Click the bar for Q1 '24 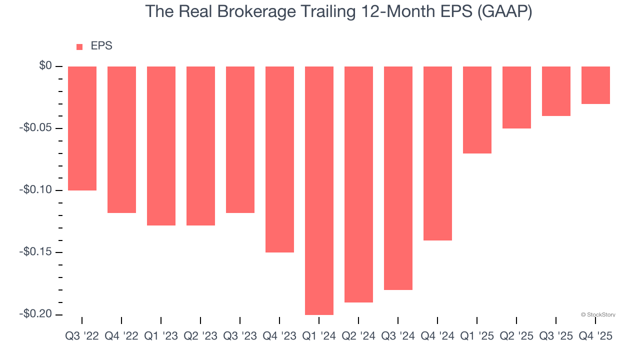319,190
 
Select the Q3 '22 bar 82,128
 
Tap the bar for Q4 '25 595,85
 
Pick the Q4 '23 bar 279,159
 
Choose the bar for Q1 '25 477,110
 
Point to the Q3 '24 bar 398,178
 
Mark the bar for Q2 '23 200,146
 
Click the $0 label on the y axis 45,66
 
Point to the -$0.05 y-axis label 35,128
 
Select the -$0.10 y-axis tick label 35,190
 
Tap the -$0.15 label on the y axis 35,252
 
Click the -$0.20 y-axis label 35,314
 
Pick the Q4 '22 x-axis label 121,336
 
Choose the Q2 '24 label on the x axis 358,336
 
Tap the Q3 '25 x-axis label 556,336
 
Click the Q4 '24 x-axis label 437,336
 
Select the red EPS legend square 79,47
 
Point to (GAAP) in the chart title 504,12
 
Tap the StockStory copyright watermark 598,314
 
